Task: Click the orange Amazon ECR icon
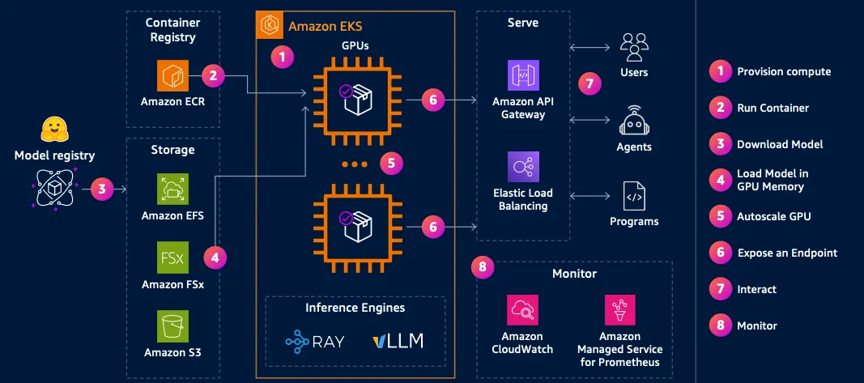172,76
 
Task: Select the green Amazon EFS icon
172,189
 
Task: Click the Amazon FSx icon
172,257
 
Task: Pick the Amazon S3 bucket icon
172,326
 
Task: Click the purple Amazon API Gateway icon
523,75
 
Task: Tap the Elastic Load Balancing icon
523,167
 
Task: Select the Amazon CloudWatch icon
522,309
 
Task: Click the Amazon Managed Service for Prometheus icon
620,309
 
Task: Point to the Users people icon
634,47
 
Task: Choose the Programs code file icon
634,196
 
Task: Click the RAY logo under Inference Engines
315,341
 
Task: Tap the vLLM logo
398,341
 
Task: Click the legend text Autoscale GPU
773,216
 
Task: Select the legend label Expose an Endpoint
787,253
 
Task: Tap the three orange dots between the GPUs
355,164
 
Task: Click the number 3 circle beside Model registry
101,189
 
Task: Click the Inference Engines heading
355,308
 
